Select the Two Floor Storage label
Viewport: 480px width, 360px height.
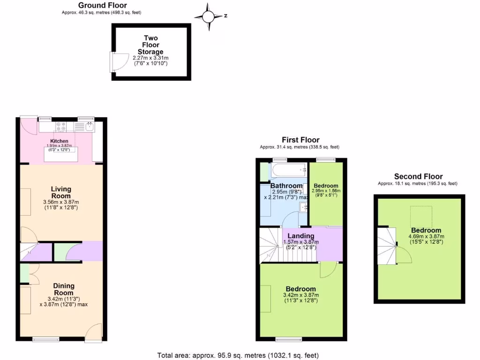coord(150,45)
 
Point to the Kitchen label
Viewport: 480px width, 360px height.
coord(60,141)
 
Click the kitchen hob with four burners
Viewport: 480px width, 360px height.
coord(62,126)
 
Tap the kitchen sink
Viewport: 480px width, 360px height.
coord(89,126)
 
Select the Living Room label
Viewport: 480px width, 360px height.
coord(61,192)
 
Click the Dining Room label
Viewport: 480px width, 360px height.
coord(63,289)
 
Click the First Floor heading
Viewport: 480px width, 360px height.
coord(300,140)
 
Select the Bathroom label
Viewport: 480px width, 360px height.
coord(286,186)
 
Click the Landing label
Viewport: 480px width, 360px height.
coord(301,236)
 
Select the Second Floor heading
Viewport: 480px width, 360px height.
coord(418,177)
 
